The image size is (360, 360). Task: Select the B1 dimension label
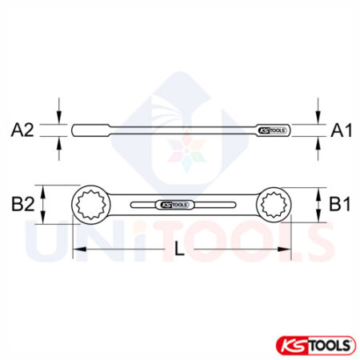click(x=339, y=205)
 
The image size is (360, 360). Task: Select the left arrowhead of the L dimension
click(x=77, y=251)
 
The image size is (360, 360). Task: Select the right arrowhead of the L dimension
click(x=285, y=251)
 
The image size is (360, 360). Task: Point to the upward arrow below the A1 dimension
click(x=318, y=142)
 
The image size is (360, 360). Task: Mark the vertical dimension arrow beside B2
click(x=44, y=205)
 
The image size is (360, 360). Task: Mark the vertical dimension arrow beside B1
click(x=318, y=205)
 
